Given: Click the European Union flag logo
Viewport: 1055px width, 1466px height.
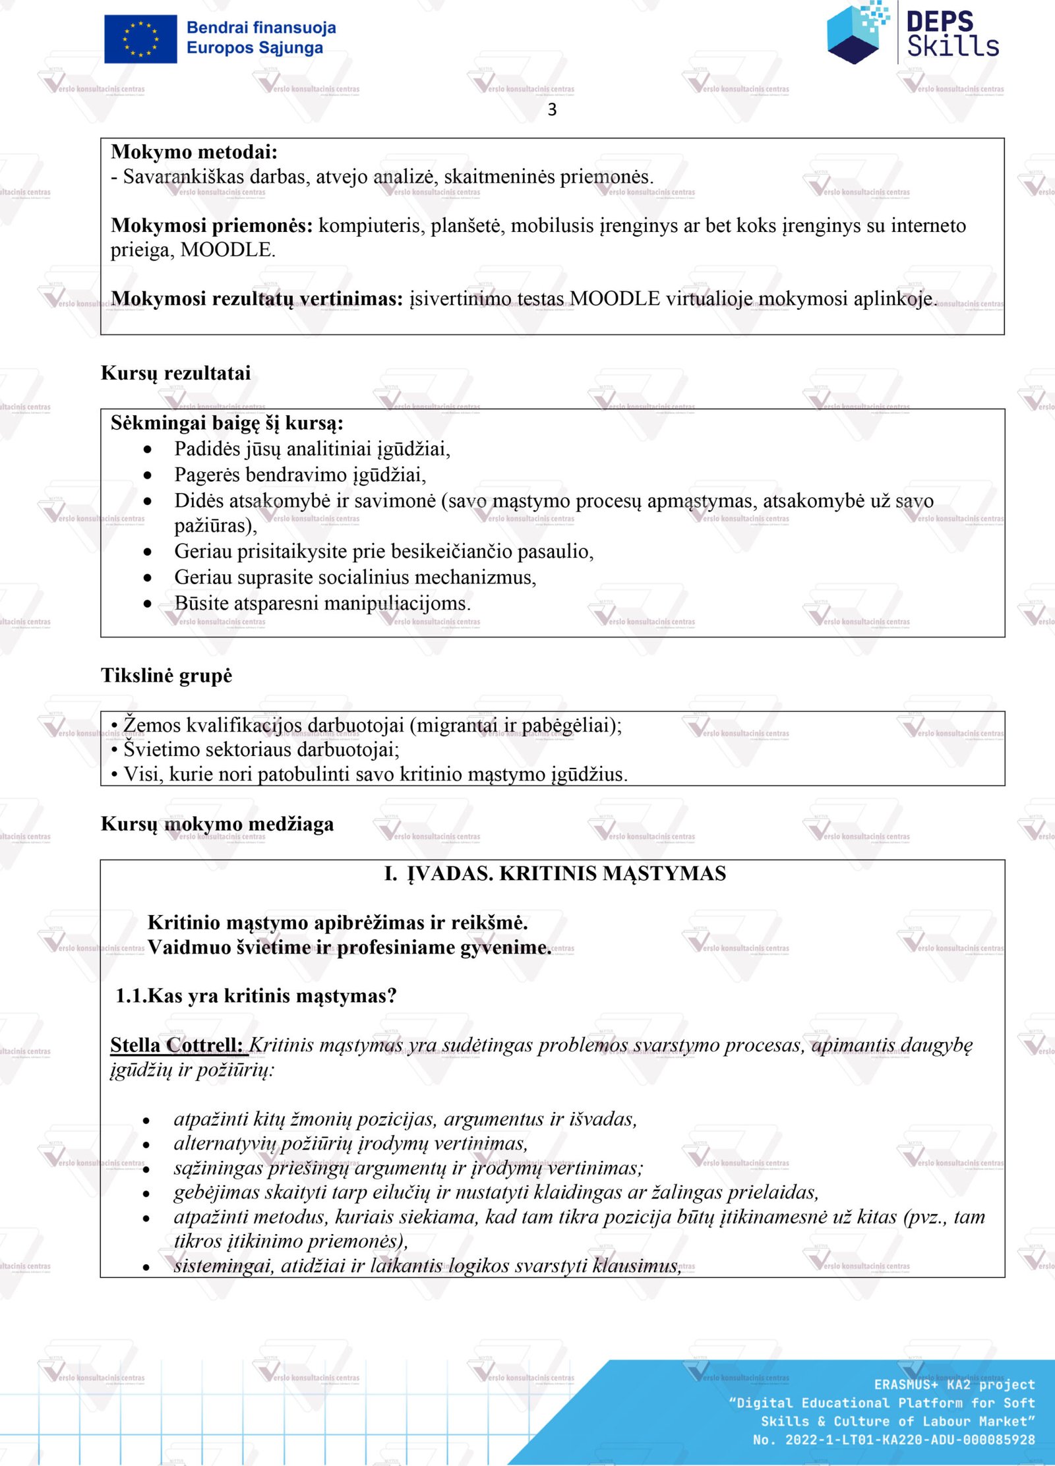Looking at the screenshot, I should (140, 39).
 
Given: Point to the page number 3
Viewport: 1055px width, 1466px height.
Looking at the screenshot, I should (552, 109).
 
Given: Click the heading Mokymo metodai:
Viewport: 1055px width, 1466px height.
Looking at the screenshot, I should (194, 152).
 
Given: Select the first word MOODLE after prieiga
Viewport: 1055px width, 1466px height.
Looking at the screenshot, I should (227, 250).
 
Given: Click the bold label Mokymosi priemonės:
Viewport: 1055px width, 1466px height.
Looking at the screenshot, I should (212, 225).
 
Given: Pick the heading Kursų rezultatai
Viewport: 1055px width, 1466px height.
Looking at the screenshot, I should (175, 373).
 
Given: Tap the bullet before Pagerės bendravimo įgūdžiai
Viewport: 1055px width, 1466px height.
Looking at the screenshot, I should (148, 475).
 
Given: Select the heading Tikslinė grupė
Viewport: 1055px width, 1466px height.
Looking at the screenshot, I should (166, 676).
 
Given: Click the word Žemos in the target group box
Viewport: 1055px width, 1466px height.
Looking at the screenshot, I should (152, 725).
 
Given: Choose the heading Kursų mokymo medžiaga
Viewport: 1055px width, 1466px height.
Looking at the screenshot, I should (217, 824).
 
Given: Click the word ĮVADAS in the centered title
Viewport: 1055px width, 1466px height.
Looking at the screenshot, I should (450, 873).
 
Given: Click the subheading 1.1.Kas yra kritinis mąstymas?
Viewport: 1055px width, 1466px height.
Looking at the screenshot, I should (256, 995).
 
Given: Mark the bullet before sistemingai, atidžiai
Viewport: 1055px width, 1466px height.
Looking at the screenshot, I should (146, 1267).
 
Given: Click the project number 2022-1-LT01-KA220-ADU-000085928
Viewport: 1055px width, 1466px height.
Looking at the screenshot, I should (910, 1440).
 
